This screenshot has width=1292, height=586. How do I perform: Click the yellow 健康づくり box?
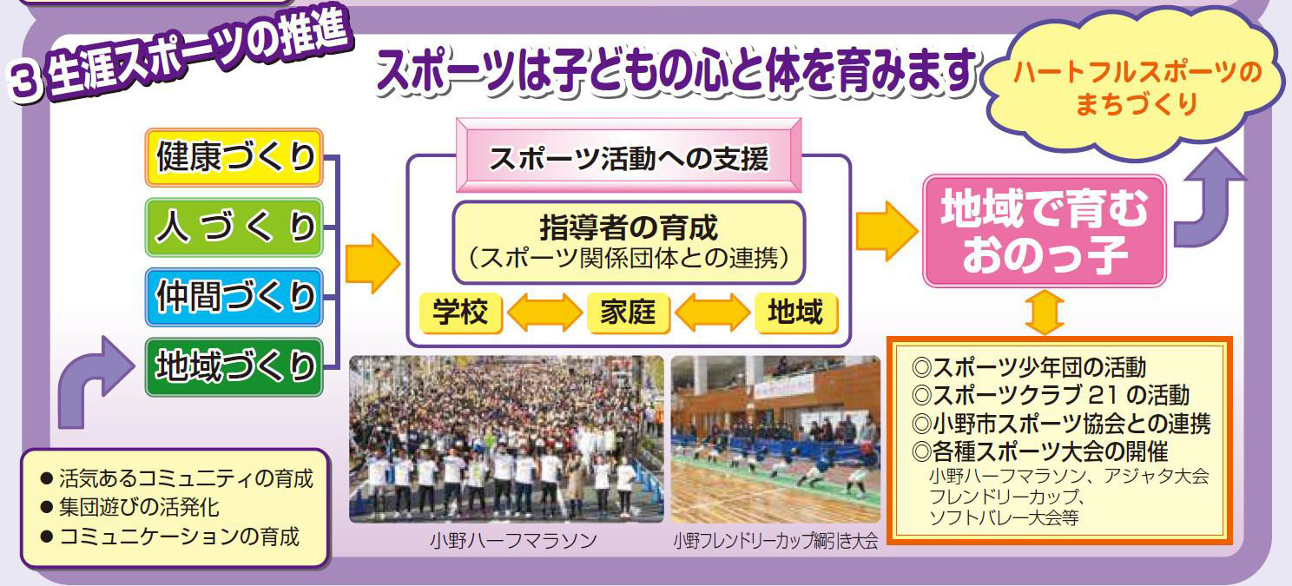pos(234,157)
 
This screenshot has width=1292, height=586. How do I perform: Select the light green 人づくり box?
pos(234,227)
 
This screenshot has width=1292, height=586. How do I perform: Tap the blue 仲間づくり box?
pos(234,297)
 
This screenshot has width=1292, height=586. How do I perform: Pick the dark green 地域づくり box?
pos(234,367)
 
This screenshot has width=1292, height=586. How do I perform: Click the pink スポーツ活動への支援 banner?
pos(629,155)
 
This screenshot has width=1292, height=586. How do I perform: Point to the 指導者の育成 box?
pos(629,242)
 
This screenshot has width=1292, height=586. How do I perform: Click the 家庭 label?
pos(628,313)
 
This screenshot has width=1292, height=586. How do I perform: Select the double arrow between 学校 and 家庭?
pos(545,313)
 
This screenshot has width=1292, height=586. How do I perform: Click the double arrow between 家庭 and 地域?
pos(712,313)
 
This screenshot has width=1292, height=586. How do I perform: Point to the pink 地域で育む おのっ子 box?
pos(1044,231)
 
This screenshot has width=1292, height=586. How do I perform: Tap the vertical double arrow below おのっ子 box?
pos(1045,312)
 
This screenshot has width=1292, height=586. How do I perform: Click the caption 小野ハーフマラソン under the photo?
pos(513,541)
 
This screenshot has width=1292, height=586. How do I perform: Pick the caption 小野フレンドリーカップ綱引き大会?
pos(775,541)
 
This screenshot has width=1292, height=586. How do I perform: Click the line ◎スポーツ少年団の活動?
pos(1029,367)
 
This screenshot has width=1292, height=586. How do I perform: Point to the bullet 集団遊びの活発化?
pos(130,508)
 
